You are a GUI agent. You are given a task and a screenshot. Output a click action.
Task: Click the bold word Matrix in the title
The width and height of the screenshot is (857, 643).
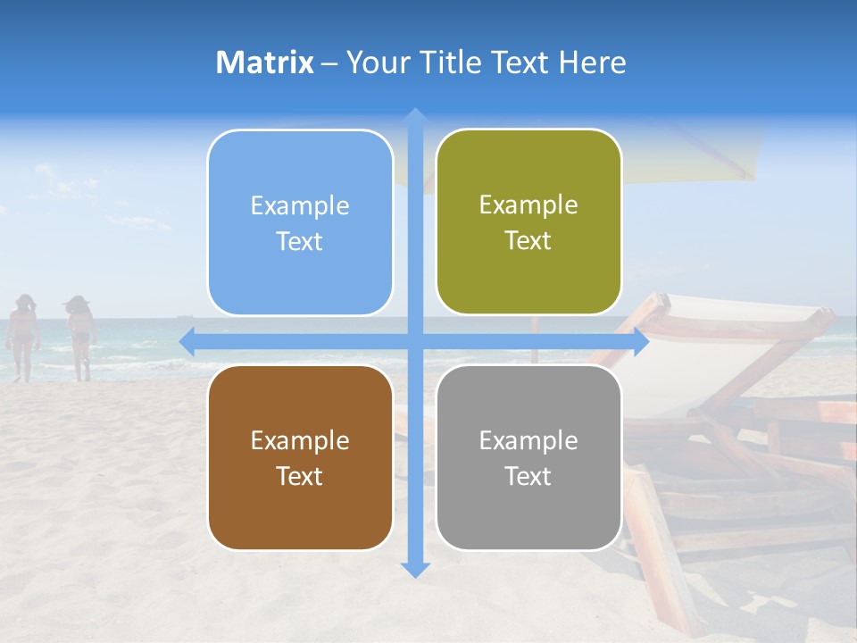click(x=265, y=63)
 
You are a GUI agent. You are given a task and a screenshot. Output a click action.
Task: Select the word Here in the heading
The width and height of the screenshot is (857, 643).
click(x=592, y=63)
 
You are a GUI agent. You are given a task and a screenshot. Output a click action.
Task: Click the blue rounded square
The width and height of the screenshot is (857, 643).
click(x=300, y=222)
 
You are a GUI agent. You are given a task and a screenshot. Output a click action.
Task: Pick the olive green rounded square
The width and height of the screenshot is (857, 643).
click(x=528, y=221)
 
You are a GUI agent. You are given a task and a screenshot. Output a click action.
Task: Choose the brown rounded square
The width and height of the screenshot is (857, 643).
click(x=300, y=457)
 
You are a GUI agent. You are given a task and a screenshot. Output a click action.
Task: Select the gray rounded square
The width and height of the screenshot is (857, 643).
click(x=528, y=457)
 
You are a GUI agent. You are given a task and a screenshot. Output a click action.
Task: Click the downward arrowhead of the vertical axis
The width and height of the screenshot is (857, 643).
click(x=415, y=569)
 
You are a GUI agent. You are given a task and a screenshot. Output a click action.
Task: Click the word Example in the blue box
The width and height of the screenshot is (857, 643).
click(x=300, y=206)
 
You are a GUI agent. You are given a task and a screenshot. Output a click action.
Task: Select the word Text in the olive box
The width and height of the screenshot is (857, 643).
click(x=528, y=241)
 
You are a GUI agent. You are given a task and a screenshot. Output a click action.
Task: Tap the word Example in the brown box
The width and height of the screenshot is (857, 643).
click(x=300, y=440)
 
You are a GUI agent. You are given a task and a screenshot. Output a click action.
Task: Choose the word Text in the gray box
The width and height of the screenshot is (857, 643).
click(x=528, y=476)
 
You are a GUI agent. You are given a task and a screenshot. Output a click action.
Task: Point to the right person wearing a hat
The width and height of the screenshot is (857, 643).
click(x=80, y=335)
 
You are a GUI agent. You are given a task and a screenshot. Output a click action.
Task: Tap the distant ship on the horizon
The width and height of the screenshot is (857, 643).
click(x=184, y=315)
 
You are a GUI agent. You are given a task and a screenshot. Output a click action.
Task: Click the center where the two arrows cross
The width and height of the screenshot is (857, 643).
click(x=415, y=342)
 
